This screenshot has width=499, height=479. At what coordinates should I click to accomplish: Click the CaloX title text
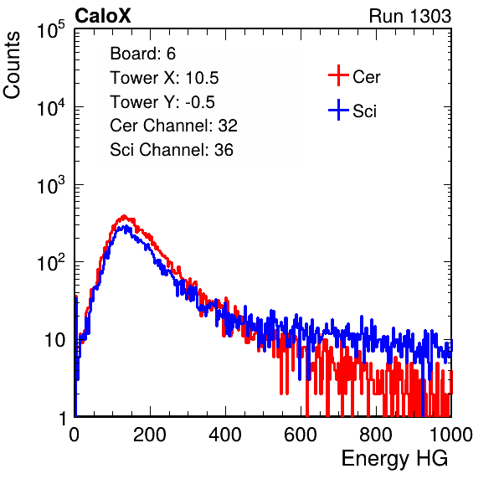pyautogui.click(x=102, y=16)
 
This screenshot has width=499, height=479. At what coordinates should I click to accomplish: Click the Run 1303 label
pyautogui.click(x=410, y=16)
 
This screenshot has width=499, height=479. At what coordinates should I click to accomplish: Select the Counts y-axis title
pyautogui.click(x=12, y=65)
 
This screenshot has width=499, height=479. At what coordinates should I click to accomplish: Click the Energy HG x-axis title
pyautogui.click(x=394, y=459)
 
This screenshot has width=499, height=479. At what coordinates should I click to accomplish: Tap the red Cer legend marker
pyautogui.click(x=338, y=75)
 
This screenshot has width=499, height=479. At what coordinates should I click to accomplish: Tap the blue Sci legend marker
pyautogui.click(x=338, y=111)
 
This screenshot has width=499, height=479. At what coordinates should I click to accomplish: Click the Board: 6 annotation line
pyautogui.click(x=142, y=54)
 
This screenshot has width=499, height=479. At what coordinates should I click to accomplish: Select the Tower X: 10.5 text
pyautogui.click(x=164, y=78)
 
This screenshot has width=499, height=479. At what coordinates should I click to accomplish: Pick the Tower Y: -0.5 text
pyautogui.click(x=162, y=102)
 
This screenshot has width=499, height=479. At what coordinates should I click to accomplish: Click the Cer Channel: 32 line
pyautogui.click(x=174, y=126)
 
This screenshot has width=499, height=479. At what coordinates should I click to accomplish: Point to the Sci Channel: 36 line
pyautogui.click(x=172, y=150)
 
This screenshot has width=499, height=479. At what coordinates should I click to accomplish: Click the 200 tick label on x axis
pyautogui.click(x=150, y=435)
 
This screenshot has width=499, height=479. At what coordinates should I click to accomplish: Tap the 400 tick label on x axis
pyautogui.click(x=225, y=435)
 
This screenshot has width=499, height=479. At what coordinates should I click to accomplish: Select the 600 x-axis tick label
pyautogui.click(x=301, y=435)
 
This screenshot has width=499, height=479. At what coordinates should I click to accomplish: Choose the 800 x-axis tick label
pyautogui.click(x=376, y=435)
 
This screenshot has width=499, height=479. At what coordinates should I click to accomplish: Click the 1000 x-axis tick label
pyautogui.click(x=451, y=435)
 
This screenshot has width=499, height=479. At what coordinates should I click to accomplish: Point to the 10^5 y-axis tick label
pyautogui.click(x=51, y=30)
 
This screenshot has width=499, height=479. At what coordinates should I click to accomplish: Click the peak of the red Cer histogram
pyautogui.click(x=124, y=216)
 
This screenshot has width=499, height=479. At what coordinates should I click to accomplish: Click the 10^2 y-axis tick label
pyautogui.click(x=51, y=262)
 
